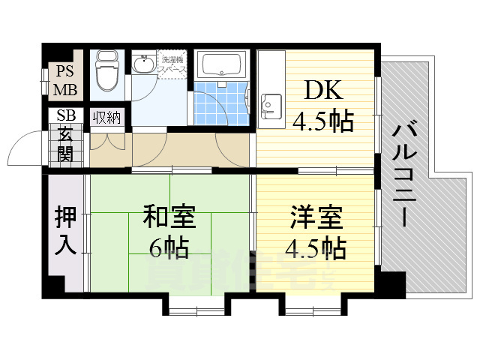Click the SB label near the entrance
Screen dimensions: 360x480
click(64, 117)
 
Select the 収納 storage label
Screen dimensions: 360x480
click(106, 117)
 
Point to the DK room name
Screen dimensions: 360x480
click(324, 93)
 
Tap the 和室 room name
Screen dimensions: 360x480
click(169, 218)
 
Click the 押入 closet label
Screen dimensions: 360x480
click(66, 231)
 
